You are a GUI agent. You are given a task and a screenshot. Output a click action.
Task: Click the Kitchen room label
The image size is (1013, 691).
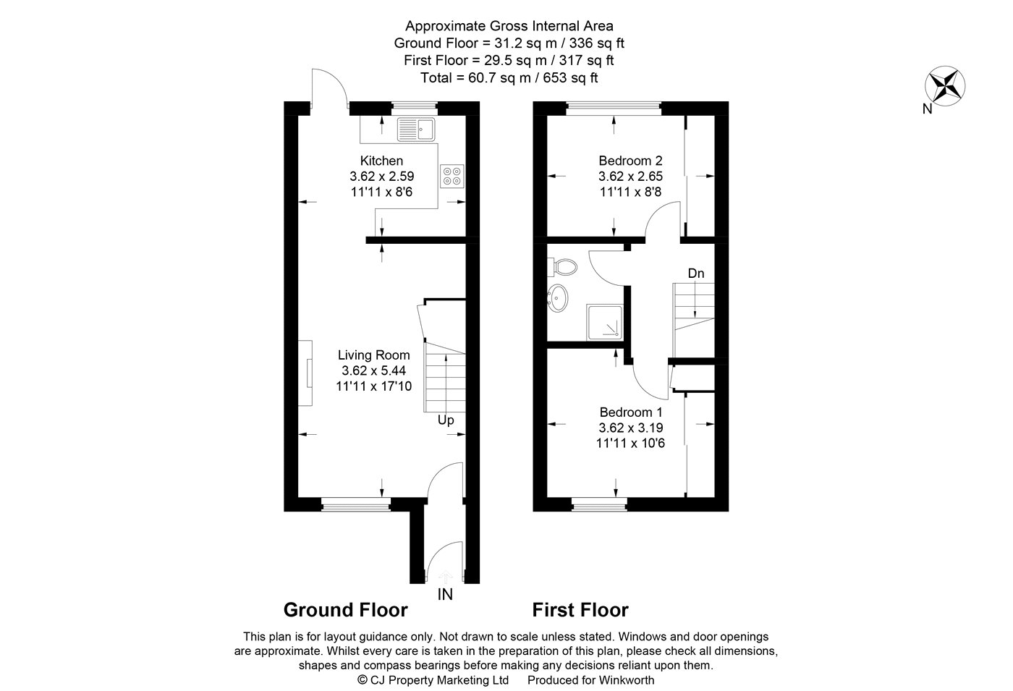coord(381,161)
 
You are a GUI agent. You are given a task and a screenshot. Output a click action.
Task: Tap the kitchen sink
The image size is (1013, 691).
coord(416,130)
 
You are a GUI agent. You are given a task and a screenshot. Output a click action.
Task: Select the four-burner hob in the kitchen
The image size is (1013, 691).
coord(452,176)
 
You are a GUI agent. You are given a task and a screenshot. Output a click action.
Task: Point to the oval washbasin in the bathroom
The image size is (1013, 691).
coord(558,298)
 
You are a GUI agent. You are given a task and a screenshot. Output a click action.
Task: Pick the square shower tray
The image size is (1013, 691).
coord(605,323)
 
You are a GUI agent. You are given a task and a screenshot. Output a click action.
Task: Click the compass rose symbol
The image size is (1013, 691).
coord(945,86)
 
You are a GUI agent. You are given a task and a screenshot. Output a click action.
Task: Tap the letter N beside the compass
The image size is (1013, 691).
coord(927,109)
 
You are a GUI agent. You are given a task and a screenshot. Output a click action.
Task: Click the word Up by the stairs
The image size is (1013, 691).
coord(446,420)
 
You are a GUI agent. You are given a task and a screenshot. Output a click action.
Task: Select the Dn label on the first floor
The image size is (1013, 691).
coord(696,274)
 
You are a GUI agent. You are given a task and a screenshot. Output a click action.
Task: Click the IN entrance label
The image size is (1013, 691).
coord(445,595)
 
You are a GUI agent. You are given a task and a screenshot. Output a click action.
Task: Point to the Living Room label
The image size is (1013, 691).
coord(374,355)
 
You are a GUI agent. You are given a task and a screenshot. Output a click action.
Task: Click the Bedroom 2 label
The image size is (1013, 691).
coord(630,161)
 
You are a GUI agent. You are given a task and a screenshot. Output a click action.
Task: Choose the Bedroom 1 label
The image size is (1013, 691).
coord(631,412)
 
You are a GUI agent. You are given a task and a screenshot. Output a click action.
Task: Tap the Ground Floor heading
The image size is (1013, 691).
coord(346,610)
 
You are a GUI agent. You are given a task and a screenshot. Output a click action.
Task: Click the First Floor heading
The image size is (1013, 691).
coord(580,610)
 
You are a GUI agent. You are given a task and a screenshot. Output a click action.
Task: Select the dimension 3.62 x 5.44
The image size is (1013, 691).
coord(373,370)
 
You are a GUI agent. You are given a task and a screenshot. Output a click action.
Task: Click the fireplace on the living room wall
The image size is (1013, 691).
coord(305,373)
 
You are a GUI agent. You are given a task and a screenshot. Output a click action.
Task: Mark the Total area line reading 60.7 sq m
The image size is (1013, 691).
coord(509,78)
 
